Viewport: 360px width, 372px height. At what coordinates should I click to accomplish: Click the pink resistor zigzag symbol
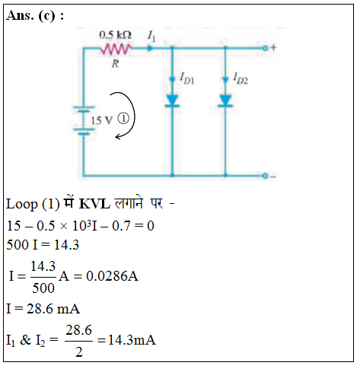116,49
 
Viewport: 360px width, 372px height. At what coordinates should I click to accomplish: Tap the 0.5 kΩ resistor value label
115,35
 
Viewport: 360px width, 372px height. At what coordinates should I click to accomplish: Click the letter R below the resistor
116,63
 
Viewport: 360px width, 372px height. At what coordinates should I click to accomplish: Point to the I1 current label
151,36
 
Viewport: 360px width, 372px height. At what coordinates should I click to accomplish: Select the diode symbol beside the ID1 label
172,100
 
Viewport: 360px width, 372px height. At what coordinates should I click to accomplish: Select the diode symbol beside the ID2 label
225,100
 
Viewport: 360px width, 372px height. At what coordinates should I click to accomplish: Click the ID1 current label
187,78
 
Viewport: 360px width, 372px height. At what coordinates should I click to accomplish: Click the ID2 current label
241,78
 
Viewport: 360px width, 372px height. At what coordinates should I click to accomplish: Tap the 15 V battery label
101,120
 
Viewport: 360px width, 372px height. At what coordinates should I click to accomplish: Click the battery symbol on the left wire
84,120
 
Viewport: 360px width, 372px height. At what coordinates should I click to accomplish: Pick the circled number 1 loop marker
124,119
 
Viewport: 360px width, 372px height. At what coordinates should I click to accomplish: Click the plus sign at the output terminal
273,47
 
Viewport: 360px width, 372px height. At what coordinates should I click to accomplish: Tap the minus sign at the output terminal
273,176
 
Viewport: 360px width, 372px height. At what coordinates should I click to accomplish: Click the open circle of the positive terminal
265,48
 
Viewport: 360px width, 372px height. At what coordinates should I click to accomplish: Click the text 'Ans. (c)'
31,16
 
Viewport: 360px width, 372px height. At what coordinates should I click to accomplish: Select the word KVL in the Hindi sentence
94,204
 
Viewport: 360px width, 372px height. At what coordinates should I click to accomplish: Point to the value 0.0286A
112,276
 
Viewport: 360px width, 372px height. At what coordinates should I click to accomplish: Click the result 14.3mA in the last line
132,340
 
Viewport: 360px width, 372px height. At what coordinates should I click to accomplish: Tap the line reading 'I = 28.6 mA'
43,309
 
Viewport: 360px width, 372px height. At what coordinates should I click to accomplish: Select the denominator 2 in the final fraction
79,352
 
